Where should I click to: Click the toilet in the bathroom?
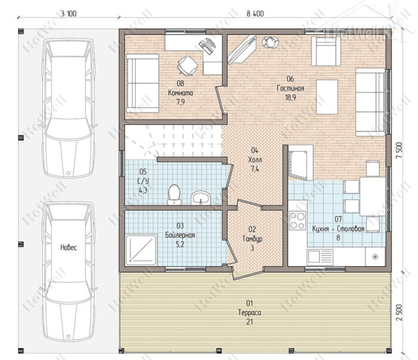[x=174, y=195]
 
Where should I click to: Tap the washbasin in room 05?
[x=201, y=198]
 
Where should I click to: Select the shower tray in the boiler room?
[x=141, y=250]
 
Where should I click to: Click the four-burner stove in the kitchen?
[x=297, y=220]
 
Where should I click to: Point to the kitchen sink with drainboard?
[x=320, y=257]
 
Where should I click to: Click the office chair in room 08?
[x=188, y=65]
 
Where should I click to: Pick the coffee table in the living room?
[x=327, y=97]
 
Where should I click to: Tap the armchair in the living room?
[x=326, y=51]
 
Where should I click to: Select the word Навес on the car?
[x=69, y=248]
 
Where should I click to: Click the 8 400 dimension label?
[x=255, y=14]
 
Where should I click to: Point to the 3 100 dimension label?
[x=69, y=14]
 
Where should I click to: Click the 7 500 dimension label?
[x=399, y=150]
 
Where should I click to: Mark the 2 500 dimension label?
[x=399, y=313]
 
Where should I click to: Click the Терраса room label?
[x=250, y=312]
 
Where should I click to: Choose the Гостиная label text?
[x=290, y=88]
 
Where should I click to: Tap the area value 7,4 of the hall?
[x=254, y=169]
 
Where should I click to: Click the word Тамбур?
[x=252, y=238]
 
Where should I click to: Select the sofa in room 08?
[x=143, y=84]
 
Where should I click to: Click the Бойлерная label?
[x=180, y=235]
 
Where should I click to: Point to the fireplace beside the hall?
[x=300, y=163]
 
